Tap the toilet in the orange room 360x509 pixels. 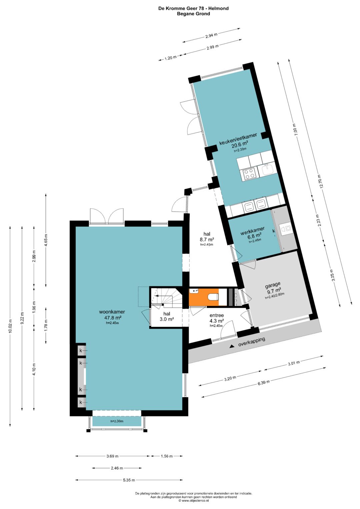(x=213, y=297)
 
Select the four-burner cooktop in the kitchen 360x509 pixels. (x=250, y=174)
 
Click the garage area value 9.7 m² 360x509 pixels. (x=274, y=290)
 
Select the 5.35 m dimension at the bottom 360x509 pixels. (x=129, y=480)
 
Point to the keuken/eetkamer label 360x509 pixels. (x=238, y=139)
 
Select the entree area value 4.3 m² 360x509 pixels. (x=217, y=321)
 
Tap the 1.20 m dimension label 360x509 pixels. (x=170, y=58)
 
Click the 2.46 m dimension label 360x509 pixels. (x=117, y=468)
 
